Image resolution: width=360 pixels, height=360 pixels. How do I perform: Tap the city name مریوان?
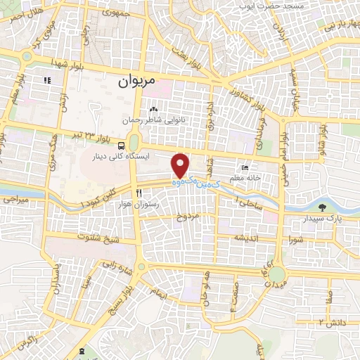pos(136,82)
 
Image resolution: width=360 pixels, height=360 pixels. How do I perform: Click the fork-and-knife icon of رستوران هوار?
pos(139,193)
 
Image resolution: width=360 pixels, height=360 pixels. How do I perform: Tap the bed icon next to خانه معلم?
pos(245,167)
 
